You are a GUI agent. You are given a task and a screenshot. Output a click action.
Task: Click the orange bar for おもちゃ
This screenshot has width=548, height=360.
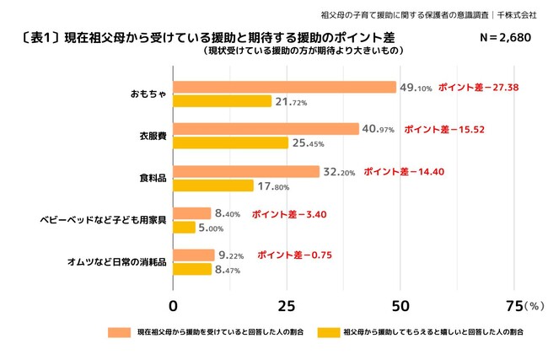click(x=284, y=87)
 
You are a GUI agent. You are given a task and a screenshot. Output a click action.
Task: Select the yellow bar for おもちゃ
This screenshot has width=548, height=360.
click(x=223, y=101)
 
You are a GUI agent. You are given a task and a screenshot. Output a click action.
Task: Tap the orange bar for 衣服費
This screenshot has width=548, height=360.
click(x=266, y=129)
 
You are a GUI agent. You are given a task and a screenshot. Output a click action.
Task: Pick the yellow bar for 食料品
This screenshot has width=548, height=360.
click(x=213, y=185)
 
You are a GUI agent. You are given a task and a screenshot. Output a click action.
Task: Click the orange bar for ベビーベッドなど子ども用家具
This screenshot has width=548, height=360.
click(x=192, y=213)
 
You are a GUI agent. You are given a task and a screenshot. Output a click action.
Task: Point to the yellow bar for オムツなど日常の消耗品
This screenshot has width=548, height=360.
click(x=192, y=270)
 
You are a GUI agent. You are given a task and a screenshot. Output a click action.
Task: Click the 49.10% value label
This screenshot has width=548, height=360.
click(x=416, y=87)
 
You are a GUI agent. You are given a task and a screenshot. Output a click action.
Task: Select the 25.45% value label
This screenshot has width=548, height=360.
click(x=309, y=143)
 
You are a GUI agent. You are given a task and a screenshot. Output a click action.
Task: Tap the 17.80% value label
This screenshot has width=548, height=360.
click(x=274, y=185)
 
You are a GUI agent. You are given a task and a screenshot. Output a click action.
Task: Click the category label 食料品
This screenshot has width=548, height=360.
click(x=153, y=179)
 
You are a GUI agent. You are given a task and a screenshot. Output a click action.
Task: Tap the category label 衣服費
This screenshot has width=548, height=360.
click(x=153, y=137)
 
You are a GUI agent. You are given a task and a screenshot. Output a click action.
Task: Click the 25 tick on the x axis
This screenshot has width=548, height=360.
click(x=287, y=304)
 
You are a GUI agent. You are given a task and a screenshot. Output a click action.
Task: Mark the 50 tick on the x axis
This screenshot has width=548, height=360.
click(x=400, y=304)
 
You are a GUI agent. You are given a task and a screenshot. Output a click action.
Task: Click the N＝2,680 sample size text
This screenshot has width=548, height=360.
click(x=505, y=39)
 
